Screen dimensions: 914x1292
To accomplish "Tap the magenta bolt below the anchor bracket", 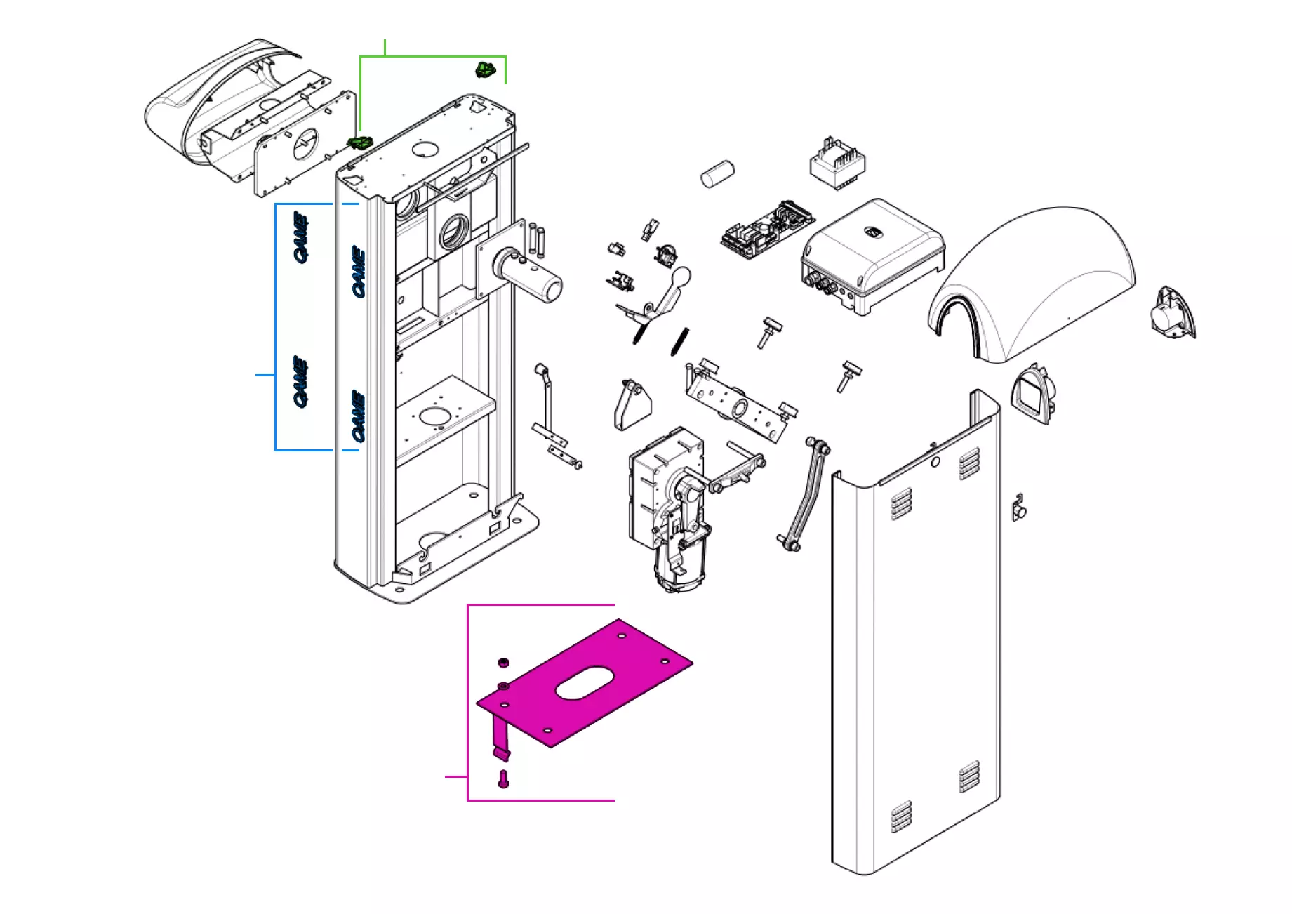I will point(502,779).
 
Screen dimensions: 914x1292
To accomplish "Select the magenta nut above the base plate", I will point(502,662).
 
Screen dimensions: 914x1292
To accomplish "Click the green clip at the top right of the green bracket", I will point(485,69).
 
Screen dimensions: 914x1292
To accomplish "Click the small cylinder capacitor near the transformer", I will point(717,173).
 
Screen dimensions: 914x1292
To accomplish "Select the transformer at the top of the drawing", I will point(837,164).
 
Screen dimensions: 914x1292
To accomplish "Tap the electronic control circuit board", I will point(766,230).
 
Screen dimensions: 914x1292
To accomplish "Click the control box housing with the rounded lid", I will point(872,256).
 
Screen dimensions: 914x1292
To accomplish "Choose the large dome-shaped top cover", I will point(1032,281).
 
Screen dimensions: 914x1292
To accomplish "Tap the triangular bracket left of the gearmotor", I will point(632,405).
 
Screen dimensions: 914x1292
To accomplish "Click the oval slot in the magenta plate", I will point(585,683).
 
